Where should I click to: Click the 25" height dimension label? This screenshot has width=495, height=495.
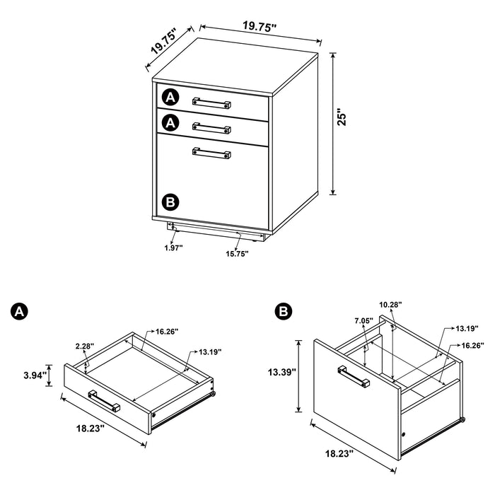pos(341,117)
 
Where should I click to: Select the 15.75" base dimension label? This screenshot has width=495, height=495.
pos(237,254)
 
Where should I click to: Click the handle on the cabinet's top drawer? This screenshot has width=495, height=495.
pos(212,102)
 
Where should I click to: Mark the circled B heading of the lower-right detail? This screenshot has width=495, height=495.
pos(282,312)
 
